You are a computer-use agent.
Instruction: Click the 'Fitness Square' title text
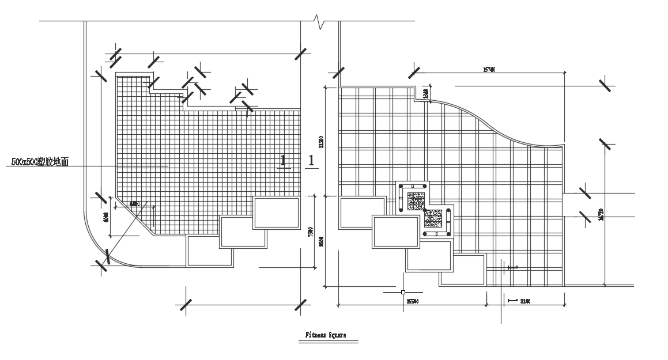pyautogui.click(x=325, y=335)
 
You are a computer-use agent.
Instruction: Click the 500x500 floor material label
pyautogui.click(x=40, y=162)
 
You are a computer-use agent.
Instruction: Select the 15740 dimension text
pyautogui.click(x=489, y=70)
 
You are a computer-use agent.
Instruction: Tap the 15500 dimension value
pyautogui.click(x=412, y=301)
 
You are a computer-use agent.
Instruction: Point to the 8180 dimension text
pyautogui.click(x=524, y=301)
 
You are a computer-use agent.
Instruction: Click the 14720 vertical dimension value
pyautogui.click(x=601, y=215)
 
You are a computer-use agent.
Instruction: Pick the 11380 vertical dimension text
pyautogui.click(x=321, y=142)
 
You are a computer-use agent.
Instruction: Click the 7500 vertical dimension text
pyautogui.click(x=310, y=232)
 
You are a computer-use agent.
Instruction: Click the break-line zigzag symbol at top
pyautogui.click(x=320, y=22)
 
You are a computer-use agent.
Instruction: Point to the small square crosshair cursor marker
pyautogui.click(x=402, y=292)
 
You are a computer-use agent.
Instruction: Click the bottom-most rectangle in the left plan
pyautogui.click(x=209, y=252)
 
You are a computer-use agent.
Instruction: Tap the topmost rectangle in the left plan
pyautogui.click(x=276, y=213)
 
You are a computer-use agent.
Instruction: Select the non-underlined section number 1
pyautogui.click(x=311, y=161)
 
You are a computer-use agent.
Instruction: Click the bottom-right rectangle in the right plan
pyautogui.click(x=462, y=269)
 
